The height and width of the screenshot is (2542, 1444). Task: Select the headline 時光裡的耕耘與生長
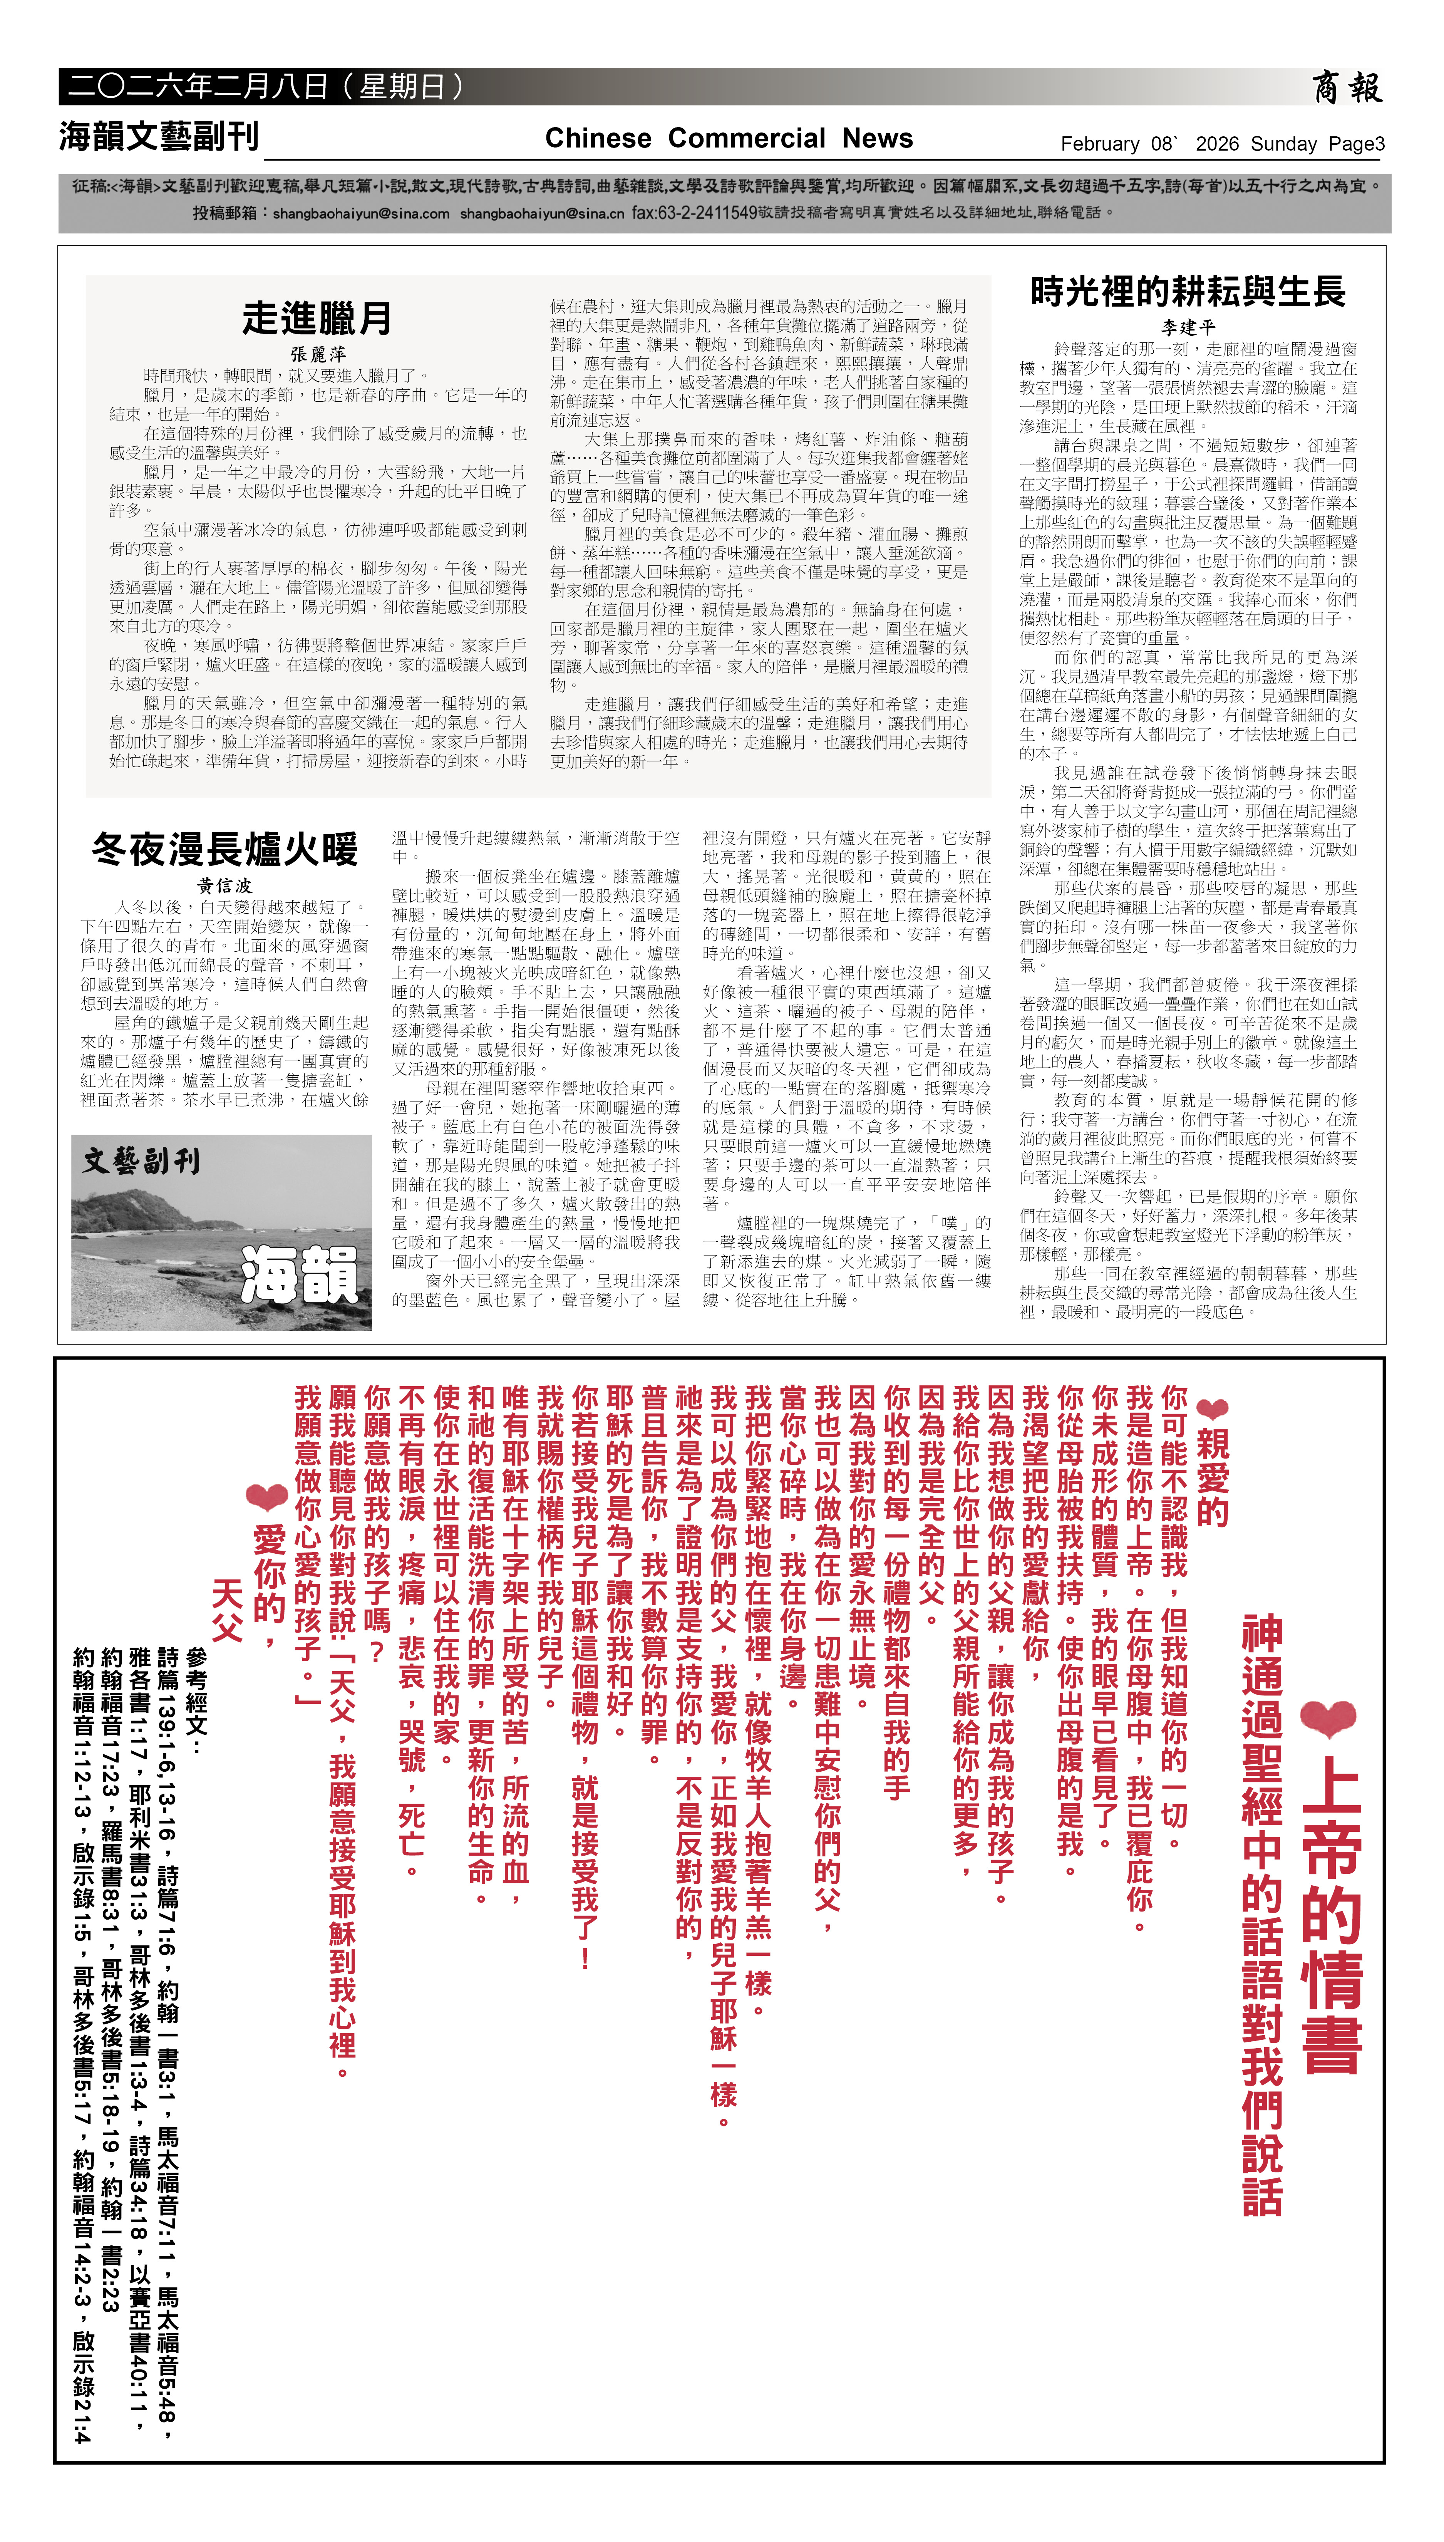click(1187, 292)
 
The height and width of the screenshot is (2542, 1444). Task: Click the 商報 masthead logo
click(1346, 88)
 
